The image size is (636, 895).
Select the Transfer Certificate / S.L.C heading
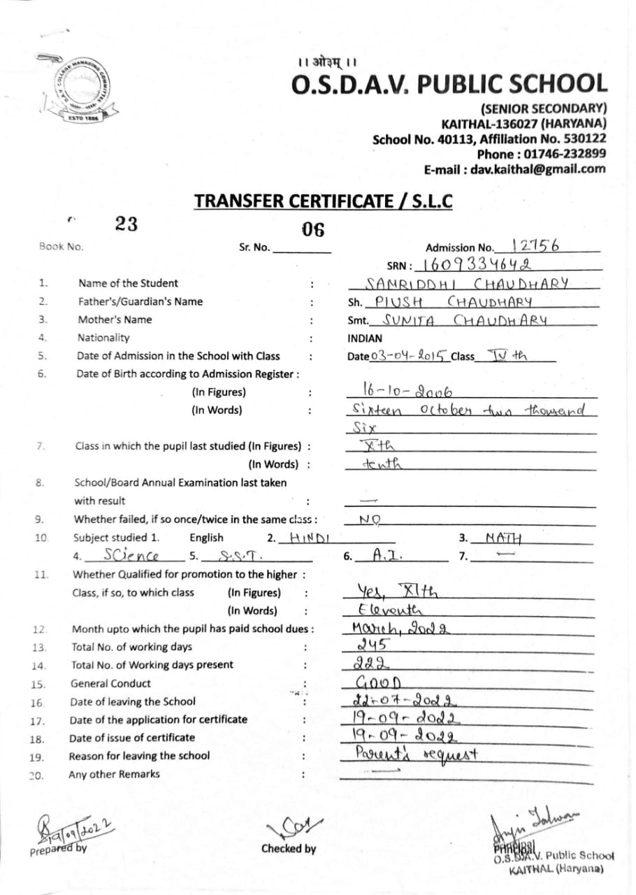click(323, 201)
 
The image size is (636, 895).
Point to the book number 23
click(126, 224)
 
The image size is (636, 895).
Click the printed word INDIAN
click(365, 338)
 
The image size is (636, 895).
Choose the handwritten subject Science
click(131, 556)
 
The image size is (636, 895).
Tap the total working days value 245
click(373, 645)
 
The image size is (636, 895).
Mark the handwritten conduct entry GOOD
click(377, 682)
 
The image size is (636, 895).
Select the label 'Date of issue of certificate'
click(132, 738)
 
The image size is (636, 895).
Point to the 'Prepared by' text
click(58, 850)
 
